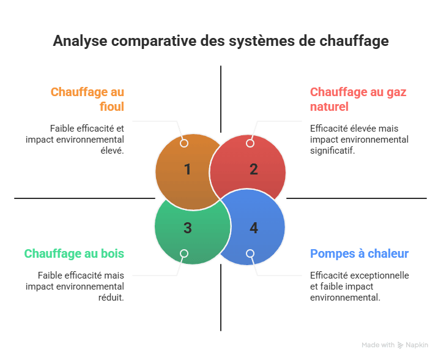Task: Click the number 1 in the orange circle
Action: point(188,170)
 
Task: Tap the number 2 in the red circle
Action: point(253,170)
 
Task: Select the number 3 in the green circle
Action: point(188,228)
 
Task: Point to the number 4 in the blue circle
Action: point(253,228)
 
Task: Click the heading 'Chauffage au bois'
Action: point(74,253)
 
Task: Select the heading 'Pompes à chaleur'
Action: point(360,253)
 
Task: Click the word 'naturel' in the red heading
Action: point(329,107)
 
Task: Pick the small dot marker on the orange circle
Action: point(184,143)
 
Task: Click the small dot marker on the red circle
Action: point(250,143)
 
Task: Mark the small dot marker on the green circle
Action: point(184,253)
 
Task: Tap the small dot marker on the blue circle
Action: point(250,253)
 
